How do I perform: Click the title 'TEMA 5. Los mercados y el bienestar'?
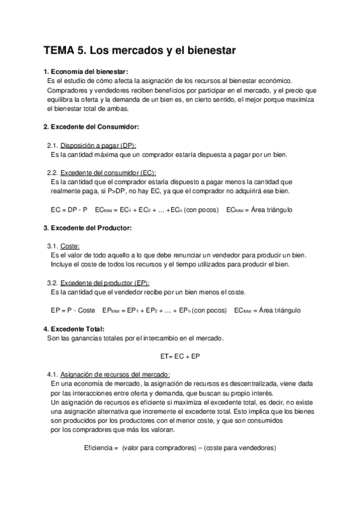click(x=139, y=51)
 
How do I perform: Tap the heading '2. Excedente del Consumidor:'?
click(x=91, y=127)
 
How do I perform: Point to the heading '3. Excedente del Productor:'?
click(x=88, y=227)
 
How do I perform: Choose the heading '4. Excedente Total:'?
click(x=74, y=328)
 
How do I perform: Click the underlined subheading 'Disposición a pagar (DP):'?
click(x=99, y=146)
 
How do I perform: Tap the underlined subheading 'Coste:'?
click(x=70, y=246)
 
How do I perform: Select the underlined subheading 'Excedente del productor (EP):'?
click(x=105, y=283)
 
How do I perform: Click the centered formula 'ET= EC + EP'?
click(x=180, y=356)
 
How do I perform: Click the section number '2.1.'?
click(x=52, y=146)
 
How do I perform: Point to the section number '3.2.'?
click(x=52, y=283)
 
